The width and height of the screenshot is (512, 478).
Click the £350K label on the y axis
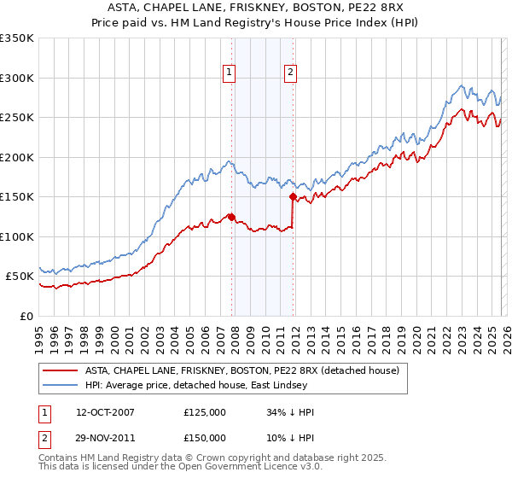(x=17, y=38)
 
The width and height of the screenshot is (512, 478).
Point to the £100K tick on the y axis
(x=17, y=236)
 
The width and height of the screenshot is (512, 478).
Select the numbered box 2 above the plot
(x=290, y=73)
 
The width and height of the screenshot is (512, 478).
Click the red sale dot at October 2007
(x=231, y=217)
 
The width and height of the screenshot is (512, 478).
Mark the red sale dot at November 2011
(x=293, y=197)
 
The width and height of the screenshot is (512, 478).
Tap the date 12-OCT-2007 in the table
(x=104, y=412)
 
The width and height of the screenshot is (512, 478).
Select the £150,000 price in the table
(x=205, y=437)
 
